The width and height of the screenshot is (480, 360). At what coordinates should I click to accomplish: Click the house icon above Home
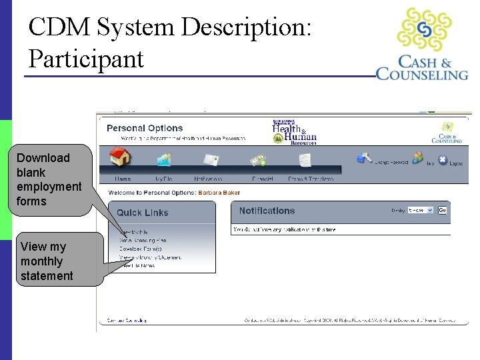[x=121, y=158]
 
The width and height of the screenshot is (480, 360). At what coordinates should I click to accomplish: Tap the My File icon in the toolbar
[x=163, y=159]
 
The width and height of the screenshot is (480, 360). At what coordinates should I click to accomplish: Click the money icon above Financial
[x=258, y=160]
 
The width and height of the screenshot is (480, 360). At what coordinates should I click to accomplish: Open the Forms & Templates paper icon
[x=305, y=160]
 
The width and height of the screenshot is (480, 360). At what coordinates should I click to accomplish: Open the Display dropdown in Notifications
[x=420, y=210]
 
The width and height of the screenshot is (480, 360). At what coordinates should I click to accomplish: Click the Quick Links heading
[x=143, y=213]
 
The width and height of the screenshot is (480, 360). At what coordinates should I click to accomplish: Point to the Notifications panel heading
[x=267, y=211]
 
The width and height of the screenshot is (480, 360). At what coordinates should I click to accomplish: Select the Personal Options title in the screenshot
[x=145, y=128]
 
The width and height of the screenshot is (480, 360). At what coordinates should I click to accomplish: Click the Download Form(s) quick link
[x=141, y=248]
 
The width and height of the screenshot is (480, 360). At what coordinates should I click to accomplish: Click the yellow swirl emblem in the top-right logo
[x=424, y=30]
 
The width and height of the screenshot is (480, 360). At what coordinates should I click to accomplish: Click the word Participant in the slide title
[x=86, y=59]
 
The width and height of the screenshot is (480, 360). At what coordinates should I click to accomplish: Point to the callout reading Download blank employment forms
[x=49, y=179]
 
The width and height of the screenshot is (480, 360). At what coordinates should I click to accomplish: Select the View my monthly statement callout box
[x=47, y=261]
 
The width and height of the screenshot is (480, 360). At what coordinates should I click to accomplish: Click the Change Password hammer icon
[x=364, y=158]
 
